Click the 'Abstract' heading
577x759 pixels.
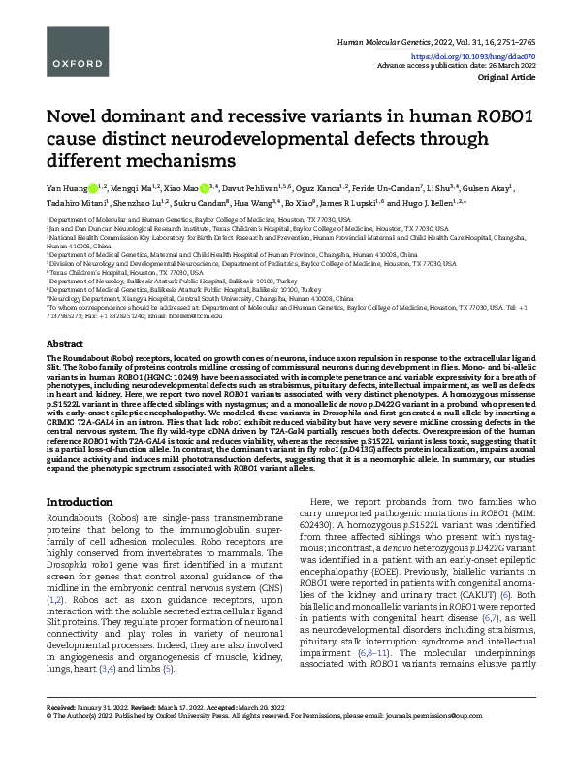[66, 345]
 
